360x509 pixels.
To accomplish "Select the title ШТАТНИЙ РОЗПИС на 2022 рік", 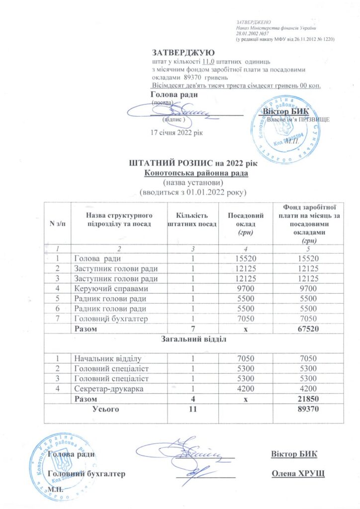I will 195,163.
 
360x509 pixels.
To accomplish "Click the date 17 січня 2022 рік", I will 177,132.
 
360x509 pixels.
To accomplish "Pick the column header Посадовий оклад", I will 244,223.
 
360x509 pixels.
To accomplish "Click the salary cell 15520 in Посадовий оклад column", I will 244,258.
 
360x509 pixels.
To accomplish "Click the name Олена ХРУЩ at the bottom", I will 297,473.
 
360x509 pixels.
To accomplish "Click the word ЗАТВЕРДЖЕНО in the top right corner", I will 254,22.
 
